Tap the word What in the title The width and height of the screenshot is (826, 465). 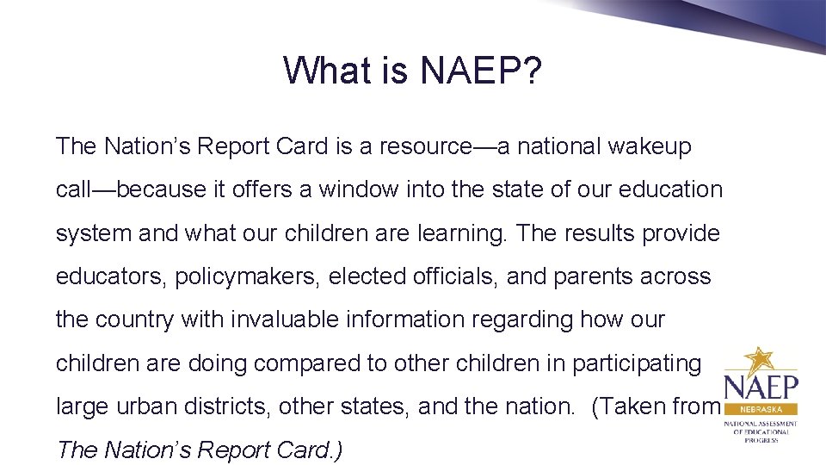pos(326,71)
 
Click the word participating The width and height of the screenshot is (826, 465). pos(636,363)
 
